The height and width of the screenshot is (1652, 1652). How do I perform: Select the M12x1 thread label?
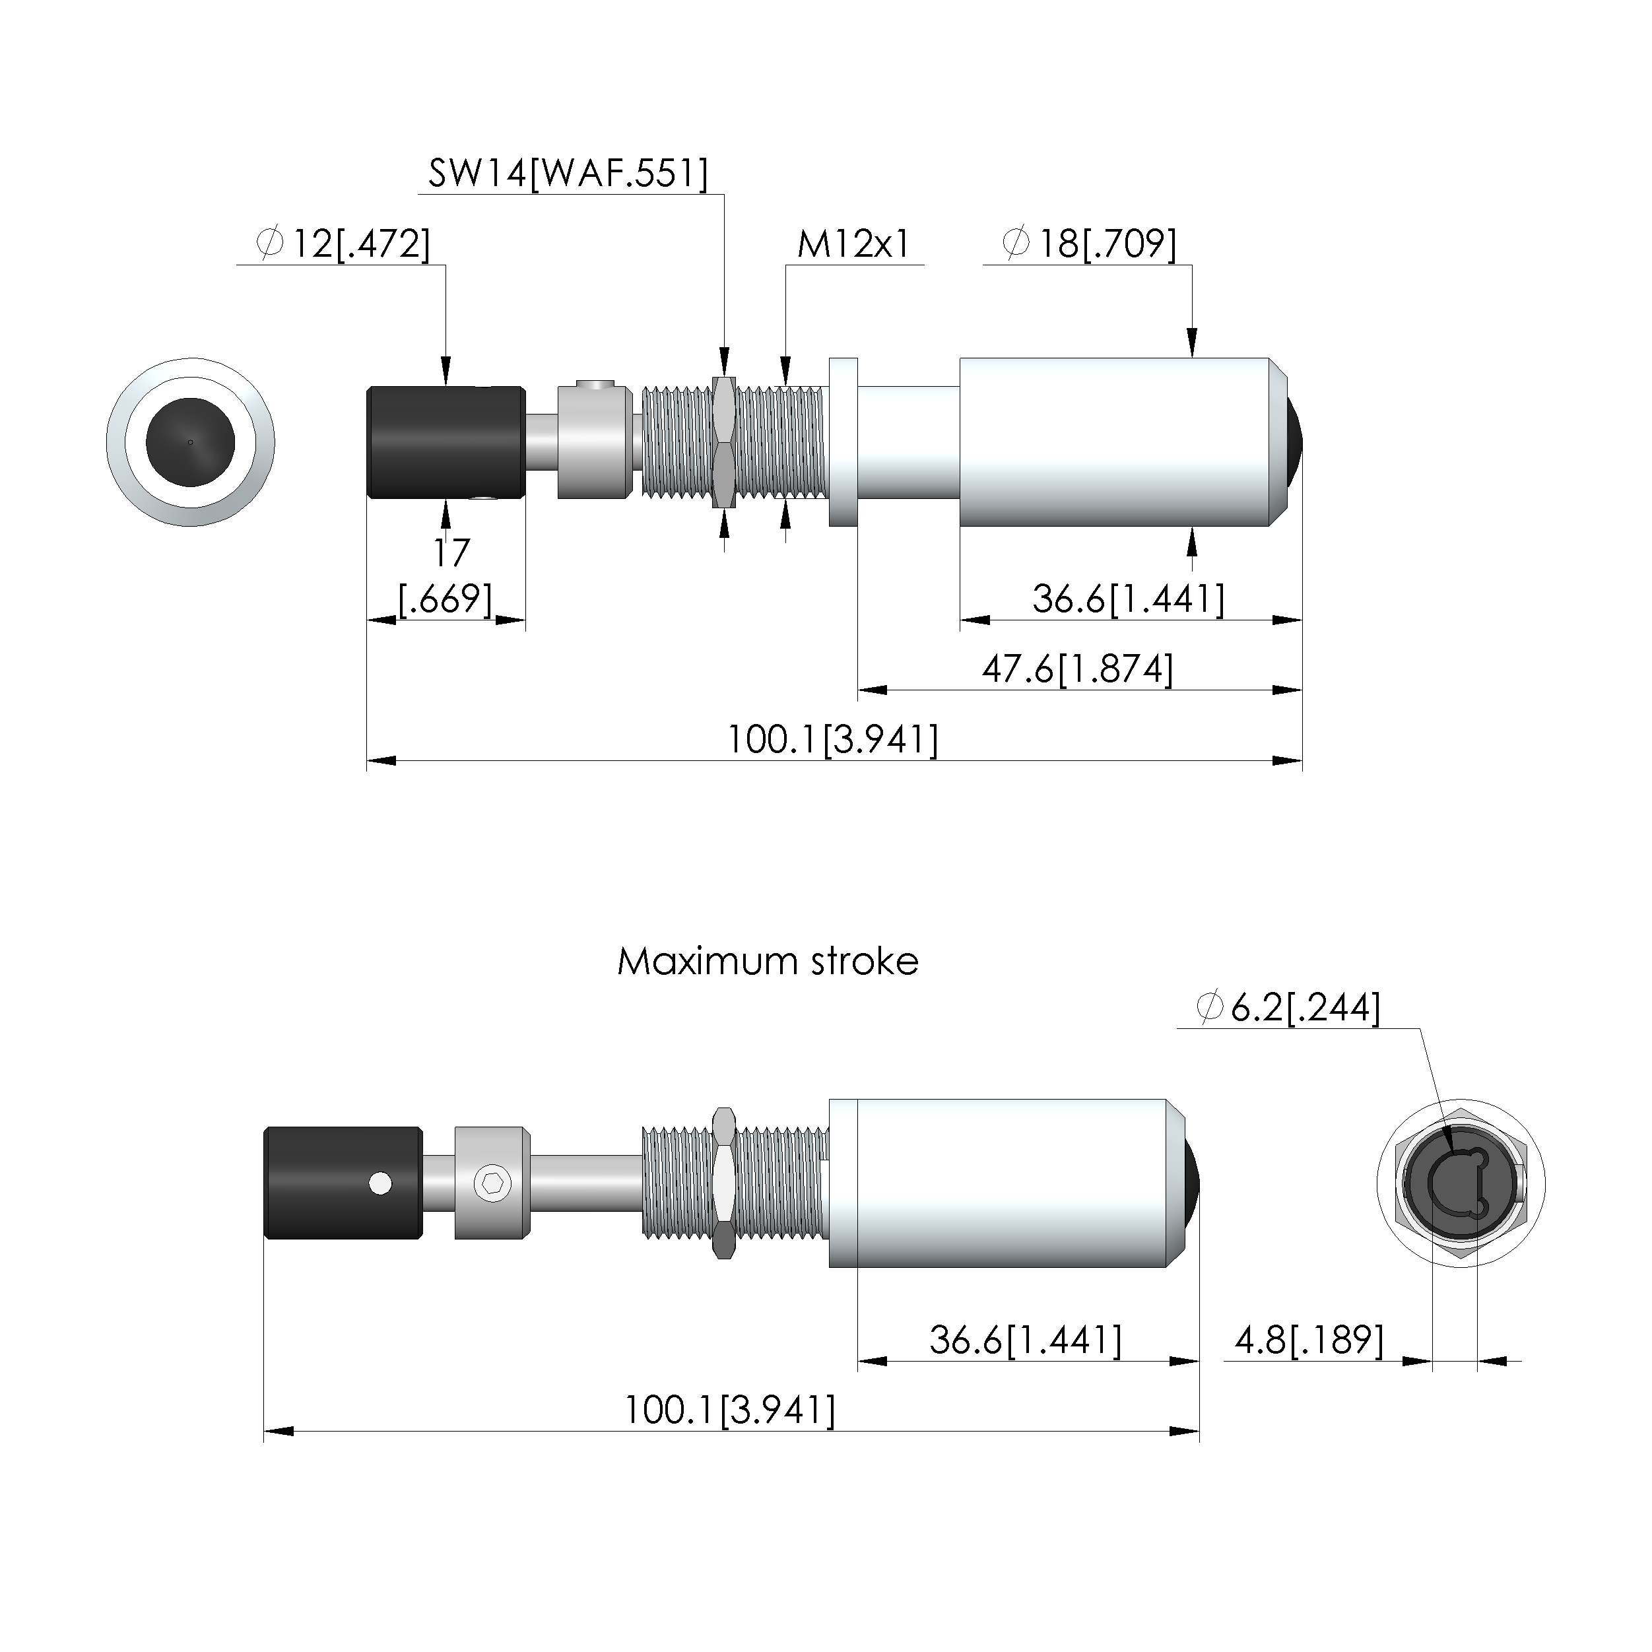click(853, 245)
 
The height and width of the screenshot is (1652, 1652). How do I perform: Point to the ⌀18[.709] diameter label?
click(1090, 245)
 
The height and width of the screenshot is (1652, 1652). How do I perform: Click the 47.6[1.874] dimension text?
click(1077, 669)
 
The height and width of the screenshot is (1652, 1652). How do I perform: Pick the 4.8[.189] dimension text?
click(1309, 1340)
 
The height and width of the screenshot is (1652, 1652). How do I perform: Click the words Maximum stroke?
click(768, 962)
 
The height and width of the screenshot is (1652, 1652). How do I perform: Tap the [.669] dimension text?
click(446, 599)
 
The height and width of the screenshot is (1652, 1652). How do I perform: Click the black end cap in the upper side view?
click(446, 442)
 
